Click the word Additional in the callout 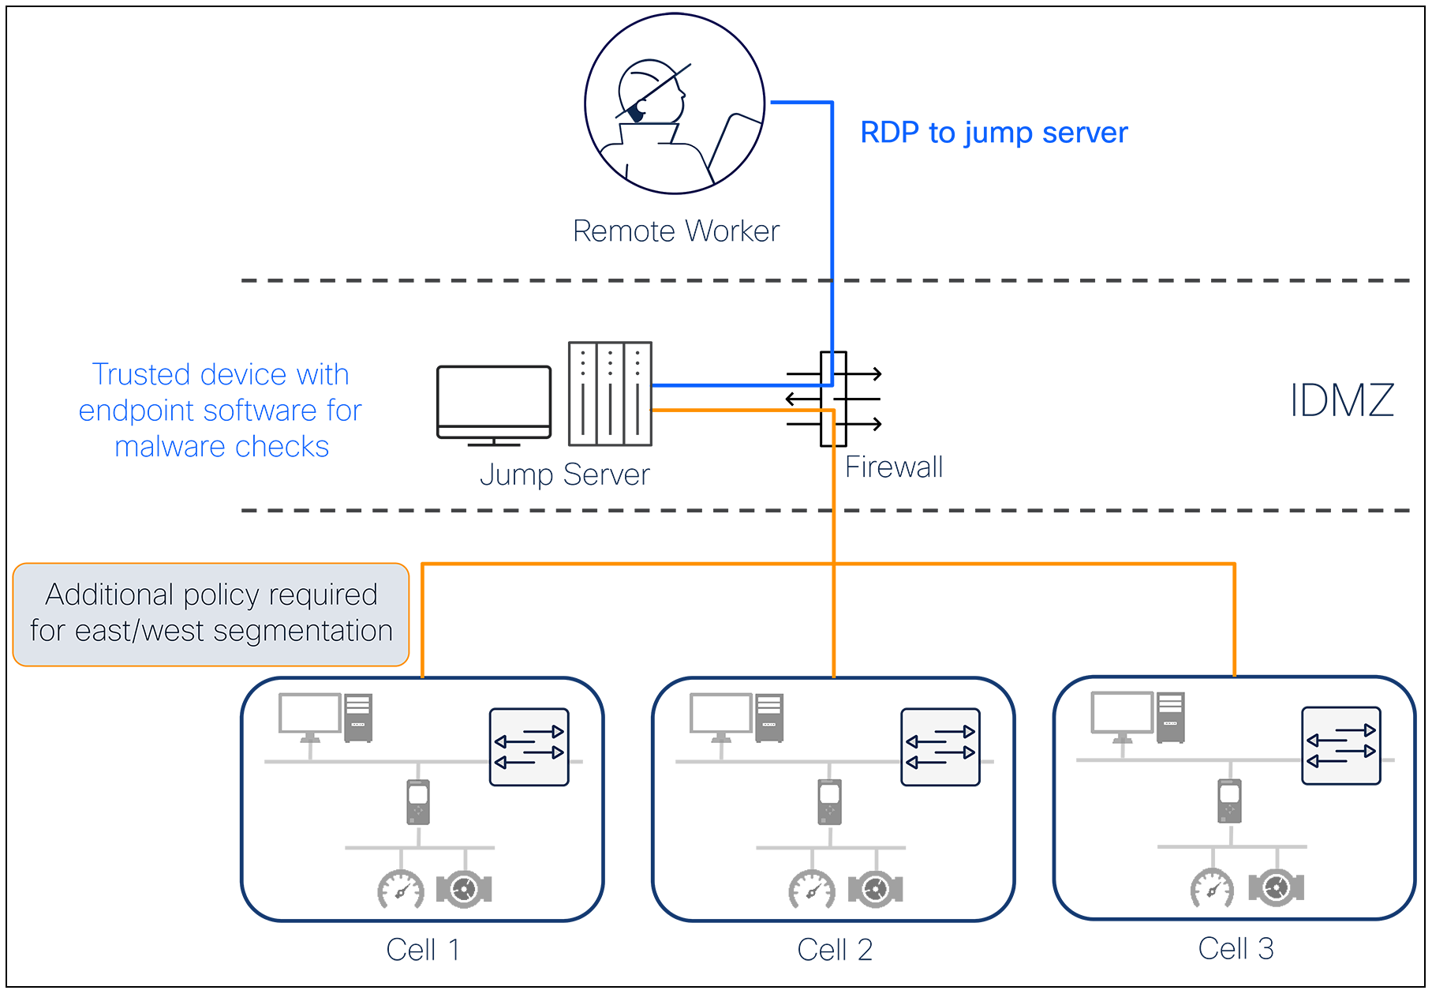109,595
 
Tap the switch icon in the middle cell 940,747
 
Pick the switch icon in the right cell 1340,746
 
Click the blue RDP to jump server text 994,130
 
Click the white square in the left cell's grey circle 418,794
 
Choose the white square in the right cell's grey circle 1229,794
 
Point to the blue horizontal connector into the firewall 718,373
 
